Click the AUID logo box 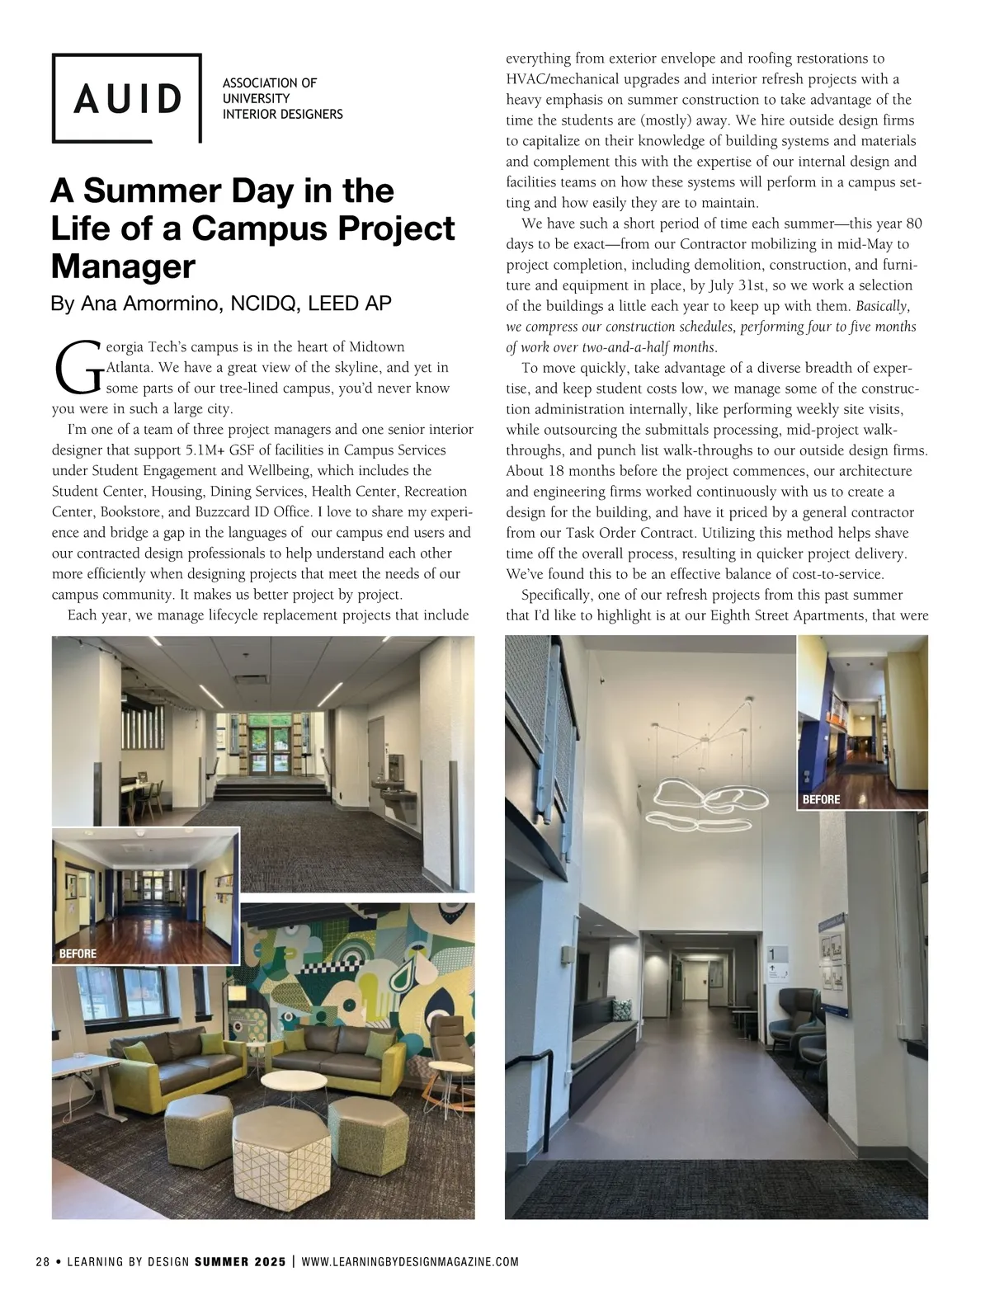pyautogui.click(x=127, y=98)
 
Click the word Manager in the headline pyautogui.click(x=123, y=266)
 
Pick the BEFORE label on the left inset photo pyautogui.click(x=78, y=954)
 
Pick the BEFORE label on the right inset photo pyautogui.click(x=821, y=799)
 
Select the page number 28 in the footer pyautogui.click(x=43, y=1262)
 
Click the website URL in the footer pyautogui.click(x=410, y=1262)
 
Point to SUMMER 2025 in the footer pyautogui.click(x=240, y=1262)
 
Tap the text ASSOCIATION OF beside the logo pyautogui.click(x=270, y=82)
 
